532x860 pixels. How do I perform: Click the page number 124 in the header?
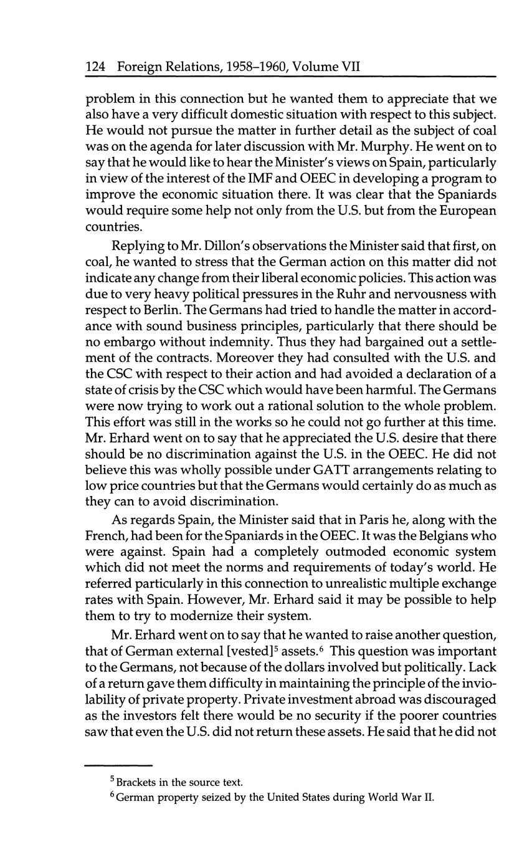coord(95,67)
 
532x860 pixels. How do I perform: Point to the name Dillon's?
coord(235,245)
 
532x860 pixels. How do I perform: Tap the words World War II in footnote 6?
coord(401,797)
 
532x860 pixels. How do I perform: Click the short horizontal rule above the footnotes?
coord(118,765)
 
